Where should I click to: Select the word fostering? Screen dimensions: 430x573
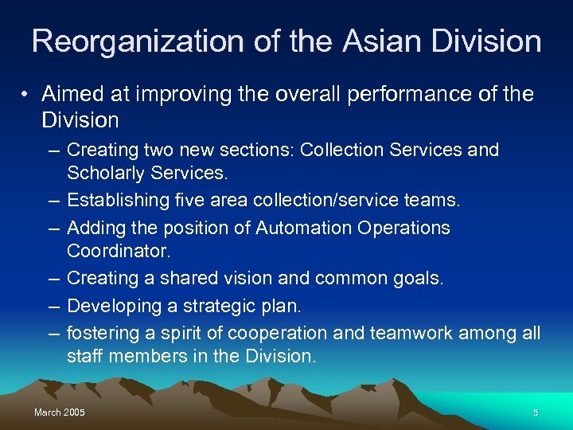click(x=102, y=333)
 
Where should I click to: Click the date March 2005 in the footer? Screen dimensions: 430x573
click(x=60, y=412)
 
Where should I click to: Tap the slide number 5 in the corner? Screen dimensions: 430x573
click(x=536, y=412)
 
